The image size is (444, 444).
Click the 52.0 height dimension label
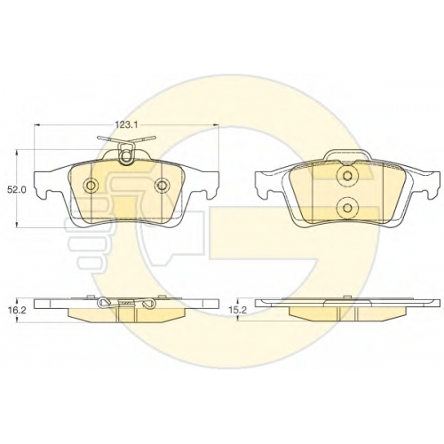click(15, 190)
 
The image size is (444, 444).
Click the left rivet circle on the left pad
click(91, 186)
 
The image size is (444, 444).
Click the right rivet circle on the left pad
click(162, 186)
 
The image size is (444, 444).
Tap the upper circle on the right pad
click(346, 176)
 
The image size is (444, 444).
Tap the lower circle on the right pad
click(346, 208)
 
